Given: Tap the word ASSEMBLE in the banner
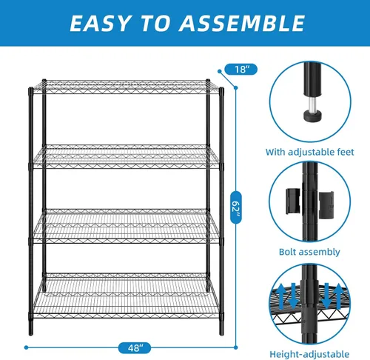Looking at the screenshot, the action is click(242, 23).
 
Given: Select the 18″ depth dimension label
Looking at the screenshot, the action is click(241, 70).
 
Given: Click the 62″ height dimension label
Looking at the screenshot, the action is click(236, 207).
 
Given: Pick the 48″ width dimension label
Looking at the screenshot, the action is click(135, 348).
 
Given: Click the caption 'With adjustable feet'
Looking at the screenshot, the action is click(309, 152).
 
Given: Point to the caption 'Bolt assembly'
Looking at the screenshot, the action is click(309, 252).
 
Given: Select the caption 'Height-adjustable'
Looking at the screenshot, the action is click(309, 354).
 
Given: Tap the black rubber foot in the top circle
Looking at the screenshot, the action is click(312, 116).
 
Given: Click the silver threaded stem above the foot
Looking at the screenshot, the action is click(312, 104).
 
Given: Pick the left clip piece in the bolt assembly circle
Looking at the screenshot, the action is click(293, 201).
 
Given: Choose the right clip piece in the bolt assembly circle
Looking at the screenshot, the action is click(326, 205).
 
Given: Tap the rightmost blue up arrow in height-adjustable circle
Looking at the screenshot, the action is click(339, 296).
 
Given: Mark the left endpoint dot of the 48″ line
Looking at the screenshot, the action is click(26, 347).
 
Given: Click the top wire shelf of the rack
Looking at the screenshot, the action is click(126, 87).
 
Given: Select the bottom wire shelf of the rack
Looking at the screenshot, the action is click(126, 296).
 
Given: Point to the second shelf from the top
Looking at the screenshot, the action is click(126, 157).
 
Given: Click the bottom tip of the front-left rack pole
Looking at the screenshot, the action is click(31, 335).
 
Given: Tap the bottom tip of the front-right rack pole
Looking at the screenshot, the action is click(221, 334).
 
